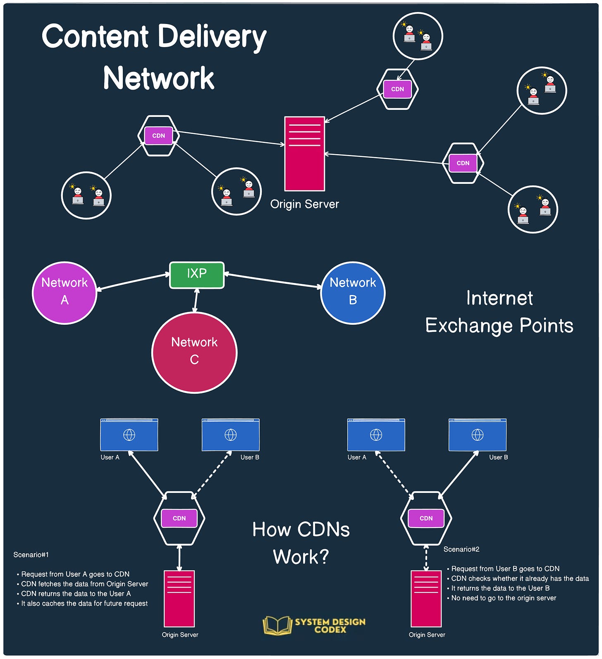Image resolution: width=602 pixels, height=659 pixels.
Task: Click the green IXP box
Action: coord(197,275)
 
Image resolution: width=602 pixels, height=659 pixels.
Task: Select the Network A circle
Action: coord(64,293)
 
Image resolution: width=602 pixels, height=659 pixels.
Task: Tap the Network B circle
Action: coord(353,293)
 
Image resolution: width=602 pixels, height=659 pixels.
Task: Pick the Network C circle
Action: coord(194,352)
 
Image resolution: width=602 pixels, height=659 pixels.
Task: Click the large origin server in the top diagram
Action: coord(304,154)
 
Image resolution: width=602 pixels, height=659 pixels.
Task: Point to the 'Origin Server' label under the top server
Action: coord(305,204)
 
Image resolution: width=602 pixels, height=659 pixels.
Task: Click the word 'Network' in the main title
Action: coord(159,78)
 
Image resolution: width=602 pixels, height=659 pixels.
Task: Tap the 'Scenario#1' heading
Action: coord(31,554)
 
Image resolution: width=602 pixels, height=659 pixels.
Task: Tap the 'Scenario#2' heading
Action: coord(461,549)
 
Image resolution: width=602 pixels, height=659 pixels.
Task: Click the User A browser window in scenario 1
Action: coord(129,435)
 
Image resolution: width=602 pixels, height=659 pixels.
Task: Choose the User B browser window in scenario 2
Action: coord(478,435)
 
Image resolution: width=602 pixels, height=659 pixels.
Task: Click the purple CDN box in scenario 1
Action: coord(179,518)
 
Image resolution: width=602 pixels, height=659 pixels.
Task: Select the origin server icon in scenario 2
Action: coord(426,599)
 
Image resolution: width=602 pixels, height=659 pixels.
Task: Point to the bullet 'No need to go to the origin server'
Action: coord(502,598)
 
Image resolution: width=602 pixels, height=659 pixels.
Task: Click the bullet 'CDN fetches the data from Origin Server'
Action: coord(82,584)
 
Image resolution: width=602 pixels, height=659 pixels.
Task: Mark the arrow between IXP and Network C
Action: coord(196,300)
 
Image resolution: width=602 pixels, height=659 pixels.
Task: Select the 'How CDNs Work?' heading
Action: coord(301,543)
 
